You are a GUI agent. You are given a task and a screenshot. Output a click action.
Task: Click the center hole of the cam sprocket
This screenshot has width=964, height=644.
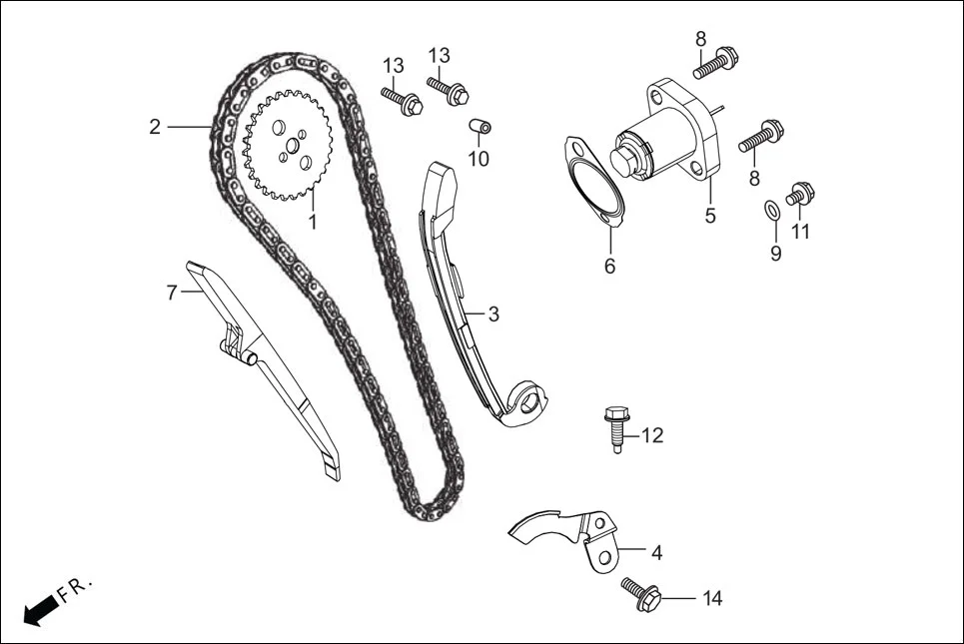click(x=290, y=147)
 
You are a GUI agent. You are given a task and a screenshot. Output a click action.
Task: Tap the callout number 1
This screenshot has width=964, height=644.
click(x=312, y=222)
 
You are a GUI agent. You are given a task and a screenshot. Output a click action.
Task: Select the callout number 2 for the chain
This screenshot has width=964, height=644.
click(x=155, y=127)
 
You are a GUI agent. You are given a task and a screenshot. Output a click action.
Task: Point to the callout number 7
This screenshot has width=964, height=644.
click(x=171, y=294)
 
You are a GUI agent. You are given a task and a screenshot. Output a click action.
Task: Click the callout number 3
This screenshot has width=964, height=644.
click(x=493, y=314)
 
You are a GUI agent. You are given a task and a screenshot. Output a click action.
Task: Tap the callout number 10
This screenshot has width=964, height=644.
click(x=479, y=159)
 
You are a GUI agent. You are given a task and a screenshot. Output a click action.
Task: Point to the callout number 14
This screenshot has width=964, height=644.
click(x=711, y=599)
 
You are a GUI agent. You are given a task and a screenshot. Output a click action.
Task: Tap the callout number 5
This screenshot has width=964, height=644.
click(x=710, y=215)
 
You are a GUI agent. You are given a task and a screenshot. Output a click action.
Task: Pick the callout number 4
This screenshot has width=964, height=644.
click(x=656, y=552)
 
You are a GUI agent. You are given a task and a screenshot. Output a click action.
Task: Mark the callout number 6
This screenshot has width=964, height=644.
click(x=609, y=267)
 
